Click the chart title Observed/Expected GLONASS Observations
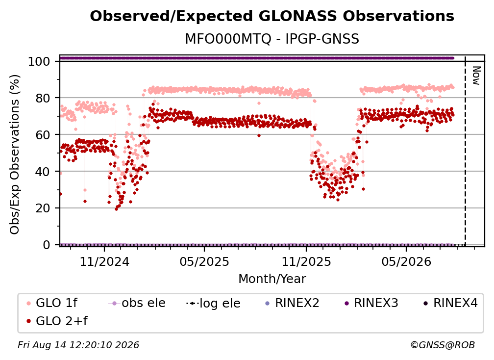272,16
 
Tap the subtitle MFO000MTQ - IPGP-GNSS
272,39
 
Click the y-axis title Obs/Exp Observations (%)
15,154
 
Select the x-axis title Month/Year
272,279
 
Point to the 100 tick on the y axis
39,61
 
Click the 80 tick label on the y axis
43,98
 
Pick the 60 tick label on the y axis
43,135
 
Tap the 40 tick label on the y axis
43,172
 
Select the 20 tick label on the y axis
43,208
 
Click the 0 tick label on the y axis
46,245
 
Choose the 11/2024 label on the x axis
104,261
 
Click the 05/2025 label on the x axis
204,261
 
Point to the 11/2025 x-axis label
306,261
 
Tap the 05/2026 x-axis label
406,261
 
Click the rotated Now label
476,76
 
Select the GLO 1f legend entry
52,303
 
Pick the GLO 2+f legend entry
57,321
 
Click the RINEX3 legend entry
371,303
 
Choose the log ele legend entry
213,303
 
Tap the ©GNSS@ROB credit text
443,345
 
